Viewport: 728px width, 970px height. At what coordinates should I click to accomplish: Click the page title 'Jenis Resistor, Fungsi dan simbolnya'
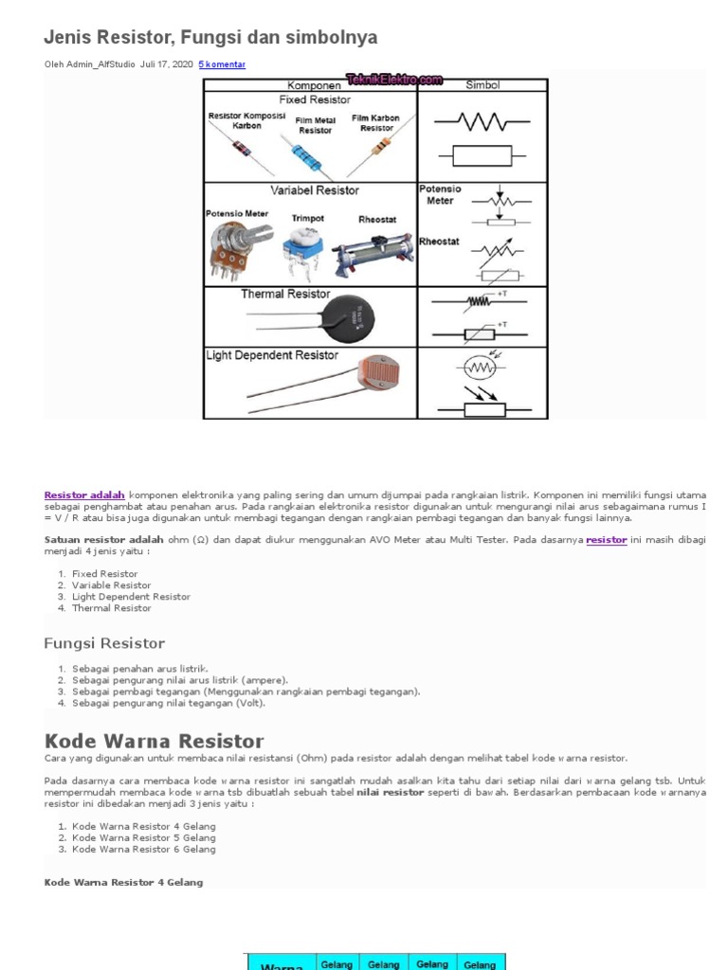(210, 38)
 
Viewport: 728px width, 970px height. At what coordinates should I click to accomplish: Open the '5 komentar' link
(222, 64)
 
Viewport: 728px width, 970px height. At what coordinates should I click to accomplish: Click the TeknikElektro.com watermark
(394, 81)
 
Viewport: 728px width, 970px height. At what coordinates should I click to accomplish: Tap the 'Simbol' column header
(482, 85)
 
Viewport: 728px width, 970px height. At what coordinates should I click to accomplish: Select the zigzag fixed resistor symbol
(482, 120)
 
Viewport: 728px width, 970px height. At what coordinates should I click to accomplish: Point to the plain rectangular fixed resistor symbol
(482, 155)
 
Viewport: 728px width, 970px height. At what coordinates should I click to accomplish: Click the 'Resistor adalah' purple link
(84, 494)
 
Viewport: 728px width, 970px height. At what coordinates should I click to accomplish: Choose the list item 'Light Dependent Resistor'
(131, 597)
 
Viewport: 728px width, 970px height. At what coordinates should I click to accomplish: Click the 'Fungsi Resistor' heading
(104, 644)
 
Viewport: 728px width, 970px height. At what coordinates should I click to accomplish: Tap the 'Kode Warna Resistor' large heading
(154, 741)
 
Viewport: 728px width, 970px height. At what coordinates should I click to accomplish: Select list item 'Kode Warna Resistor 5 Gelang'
(143, 837)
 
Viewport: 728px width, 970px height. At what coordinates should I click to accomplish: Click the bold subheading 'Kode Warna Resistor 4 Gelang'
(123, 883)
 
